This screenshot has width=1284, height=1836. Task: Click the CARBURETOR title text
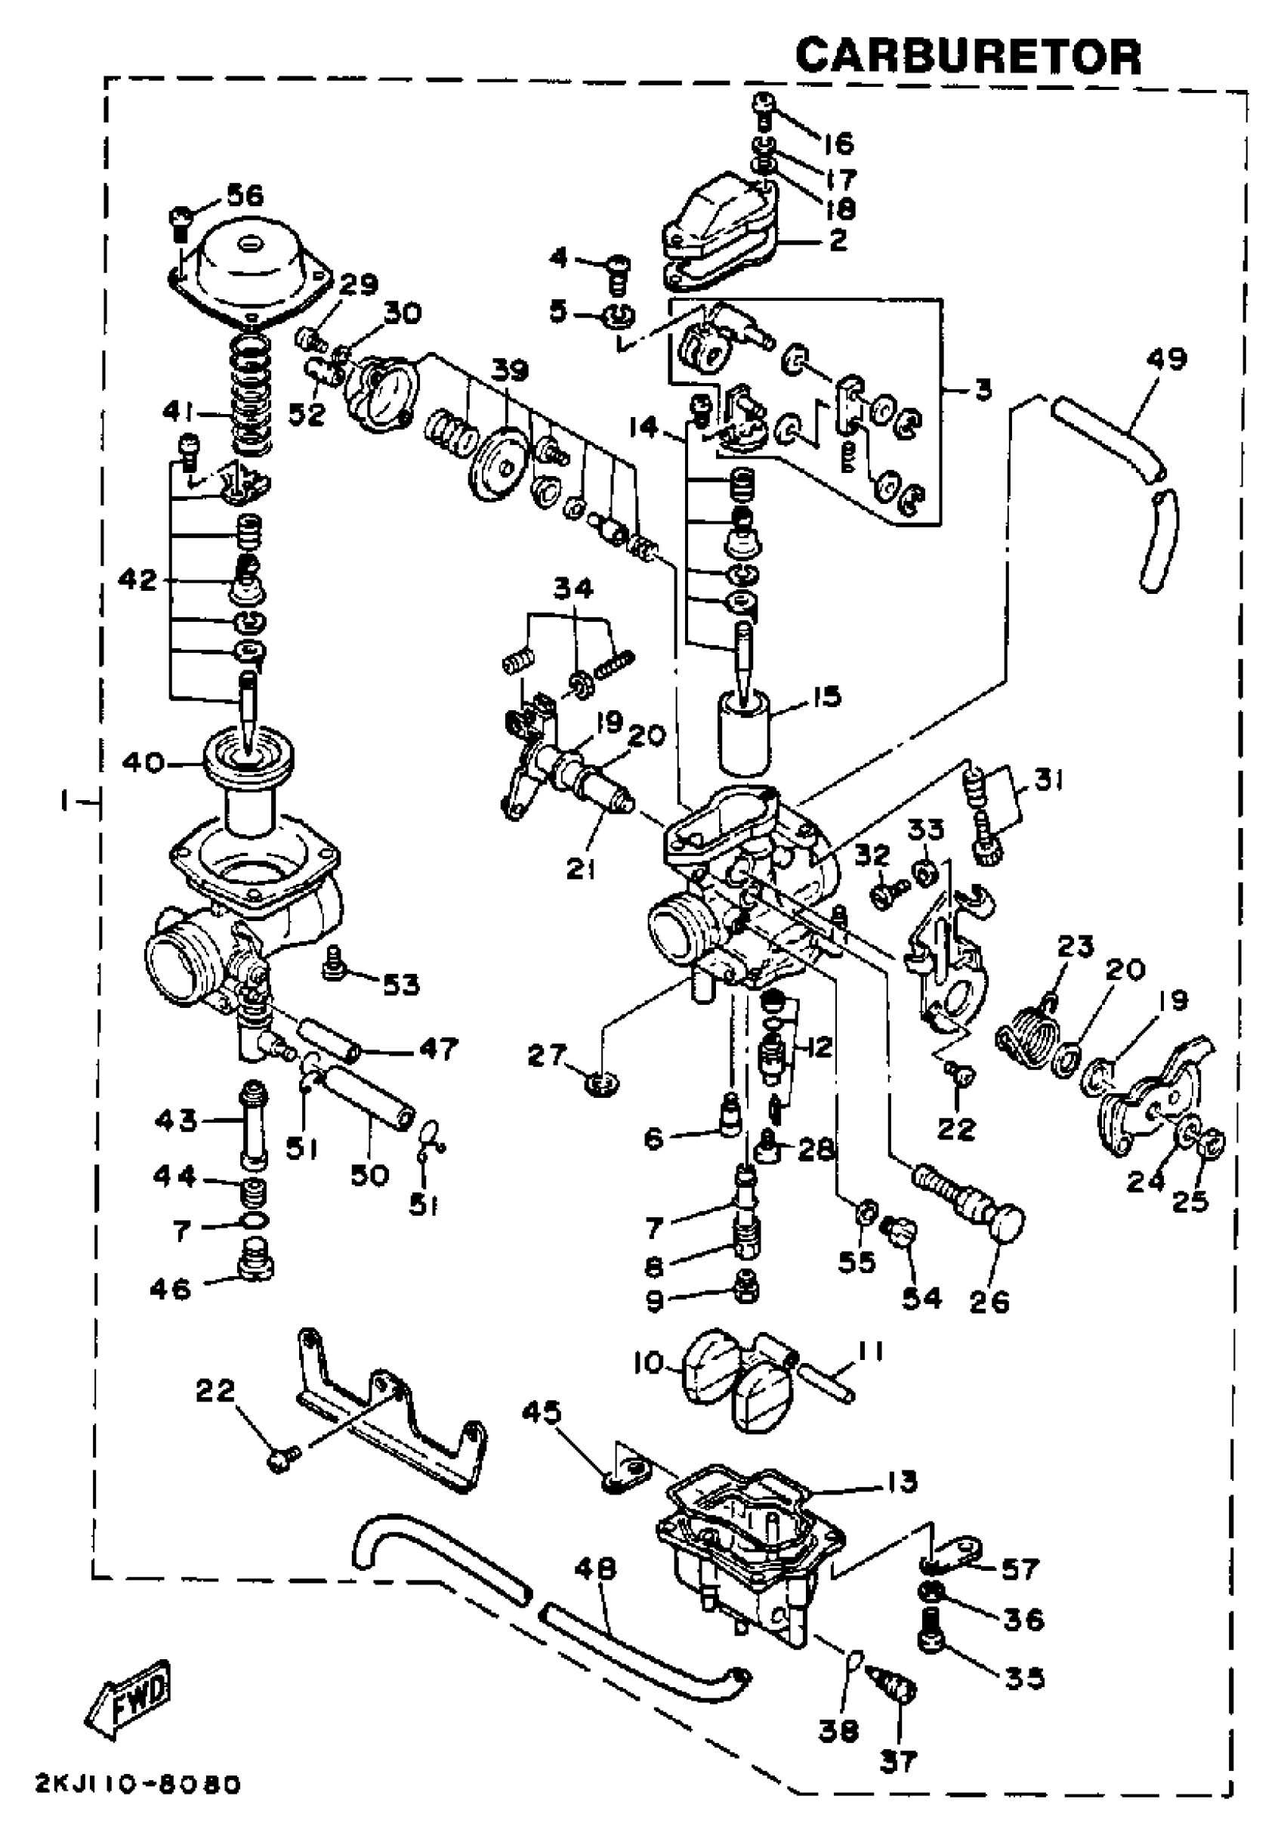(x=968, y=57)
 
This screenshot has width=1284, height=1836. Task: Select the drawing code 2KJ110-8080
(x=137, y=1785)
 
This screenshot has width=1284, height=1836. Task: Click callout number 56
(x=244, y=195)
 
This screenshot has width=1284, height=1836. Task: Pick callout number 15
(x=827, y=697)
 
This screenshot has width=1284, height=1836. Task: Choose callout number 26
(x=989, y=1302)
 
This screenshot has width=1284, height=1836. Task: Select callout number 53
(x=400, y=984)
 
